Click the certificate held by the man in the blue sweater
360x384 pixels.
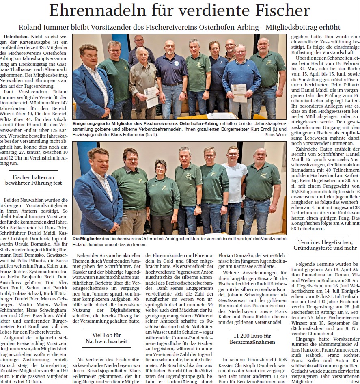pos(239,93)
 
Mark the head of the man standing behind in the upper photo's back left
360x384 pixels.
pos(139,41)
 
